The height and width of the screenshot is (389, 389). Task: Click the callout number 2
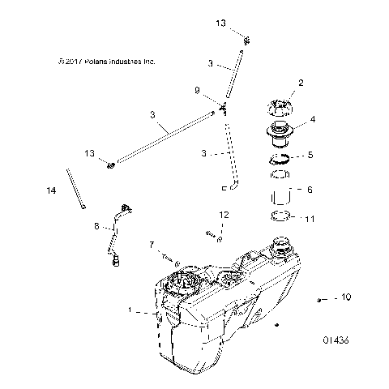click(301, 83)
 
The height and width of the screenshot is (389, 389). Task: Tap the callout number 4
click(312, 119)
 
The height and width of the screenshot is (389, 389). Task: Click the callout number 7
click(151, 244)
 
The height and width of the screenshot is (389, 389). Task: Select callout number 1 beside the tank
click(152, 310)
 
